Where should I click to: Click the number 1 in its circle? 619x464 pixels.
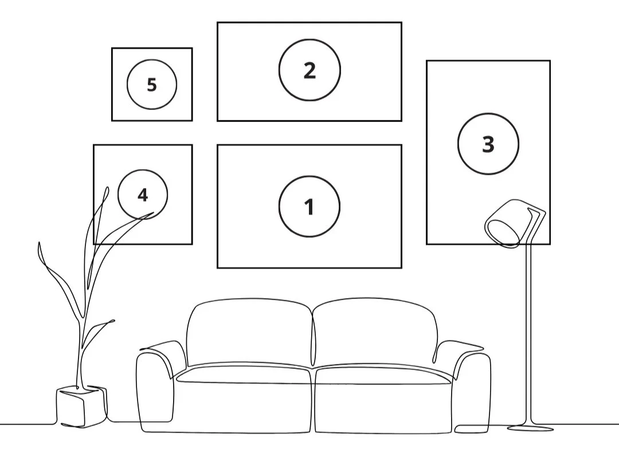(x=309, y=207)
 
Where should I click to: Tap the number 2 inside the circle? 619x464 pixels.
(x=309, y=70)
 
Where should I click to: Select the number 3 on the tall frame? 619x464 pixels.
(x=488, y=144)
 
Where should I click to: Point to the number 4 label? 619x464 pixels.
(x=143, y=195)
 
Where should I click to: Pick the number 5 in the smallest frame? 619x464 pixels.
(x=151, y=85)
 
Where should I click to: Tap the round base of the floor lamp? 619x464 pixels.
(x=530, y=427)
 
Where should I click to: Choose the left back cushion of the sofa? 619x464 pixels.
(x=249, y=332)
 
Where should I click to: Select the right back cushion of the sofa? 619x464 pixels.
(x=375, y=332)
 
